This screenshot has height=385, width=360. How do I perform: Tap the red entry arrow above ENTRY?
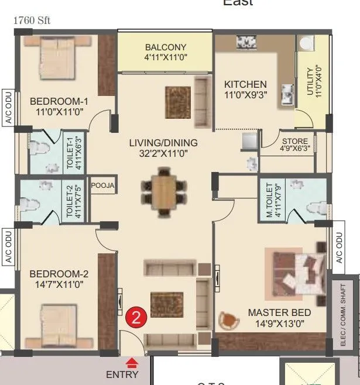(133, 363)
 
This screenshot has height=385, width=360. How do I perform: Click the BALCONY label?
(166, 47)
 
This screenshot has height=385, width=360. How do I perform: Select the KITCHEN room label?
(245, 84)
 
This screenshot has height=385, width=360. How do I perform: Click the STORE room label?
(294, 142)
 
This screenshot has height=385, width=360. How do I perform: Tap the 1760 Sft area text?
(32, 20)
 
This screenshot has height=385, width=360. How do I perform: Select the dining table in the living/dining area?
(164, 191)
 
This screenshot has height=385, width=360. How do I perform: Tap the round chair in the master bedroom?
(228, 320)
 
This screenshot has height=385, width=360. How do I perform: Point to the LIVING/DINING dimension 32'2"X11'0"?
(164, 154)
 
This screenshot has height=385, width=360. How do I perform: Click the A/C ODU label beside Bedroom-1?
(9, 107)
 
